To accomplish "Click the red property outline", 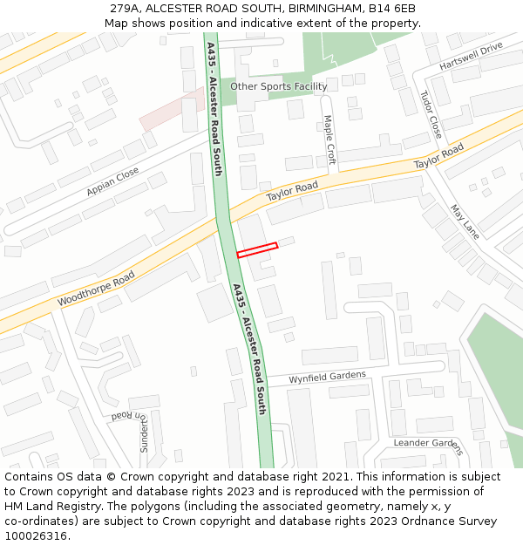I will pyautogui.click(x=257, y=250).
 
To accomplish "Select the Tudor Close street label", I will pyautogui.click(x=431, y=114).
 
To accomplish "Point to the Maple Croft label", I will pyautogui.click(x=329, y=140).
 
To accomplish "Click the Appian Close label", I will pyautogui.click(x=112, y=182).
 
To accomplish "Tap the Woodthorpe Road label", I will pyautogui.click(x=96, y=289).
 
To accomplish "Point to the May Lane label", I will pyautogui.click(x=465, y=221).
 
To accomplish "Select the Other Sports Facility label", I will pyautogui.click(x=279, y=86).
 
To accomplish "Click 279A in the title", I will pyautogui.click(x=126, y=9).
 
